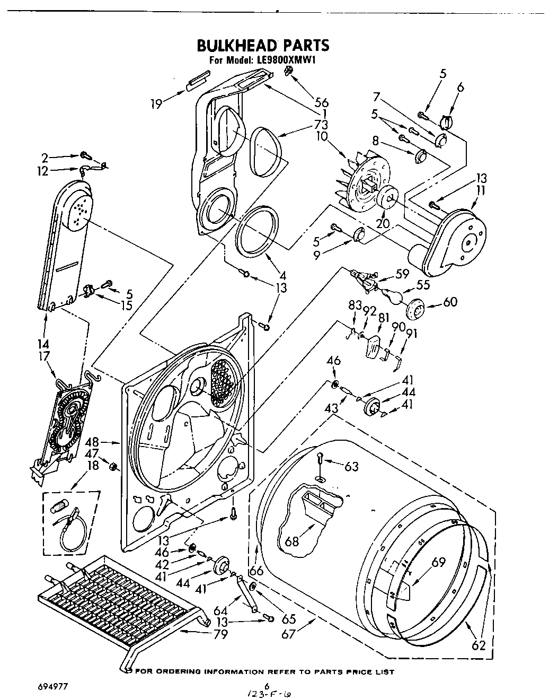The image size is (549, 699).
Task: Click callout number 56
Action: point(322,103)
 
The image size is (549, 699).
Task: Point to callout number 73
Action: point(321,125)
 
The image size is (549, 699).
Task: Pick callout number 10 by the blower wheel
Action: point(322,136)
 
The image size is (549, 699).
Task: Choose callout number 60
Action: point(450,302)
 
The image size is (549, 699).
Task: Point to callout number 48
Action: point(92,441)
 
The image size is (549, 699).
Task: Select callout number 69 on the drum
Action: point(438,563)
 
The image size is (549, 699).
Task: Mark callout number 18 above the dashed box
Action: point(93,467)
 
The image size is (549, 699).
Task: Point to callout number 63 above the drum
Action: point(351,467)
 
